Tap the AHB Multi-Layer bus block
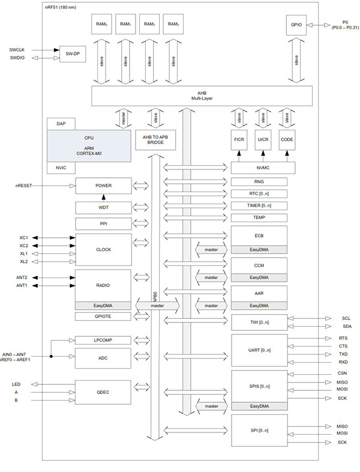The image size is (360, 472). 202,95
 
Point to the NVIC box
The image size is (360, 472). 61,168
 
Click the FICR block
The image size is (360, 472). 239,139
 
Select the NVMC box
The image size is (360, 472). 259,168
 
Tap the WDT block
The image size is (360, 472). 102,207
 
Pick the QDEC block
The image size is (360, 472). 102,392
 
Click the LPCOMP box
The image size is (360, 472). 102,340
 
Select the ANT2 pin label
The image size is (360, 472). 21,277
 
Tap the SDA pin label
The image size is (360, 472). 346,326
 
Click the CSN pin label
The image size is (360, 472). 342,373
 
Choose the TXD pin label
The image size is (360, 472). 342,354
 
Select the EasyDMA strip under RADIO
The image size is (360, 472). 102,305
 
